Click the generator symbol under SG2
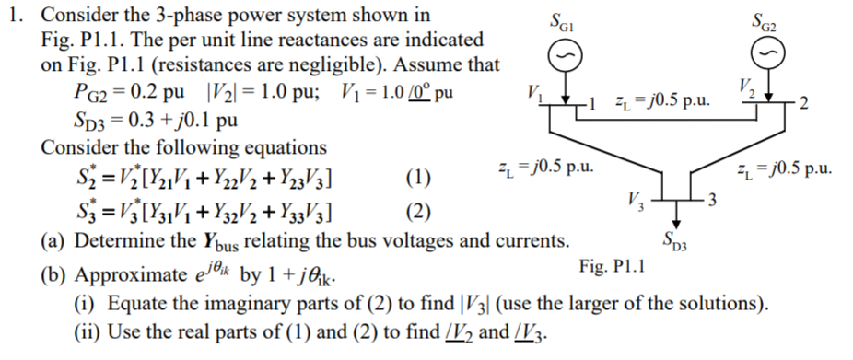[764, 59]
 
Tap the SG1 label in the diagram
[560, 21]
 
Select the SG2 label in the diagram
[764, 21]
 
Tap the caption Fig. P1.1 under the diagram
[612, 268]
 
